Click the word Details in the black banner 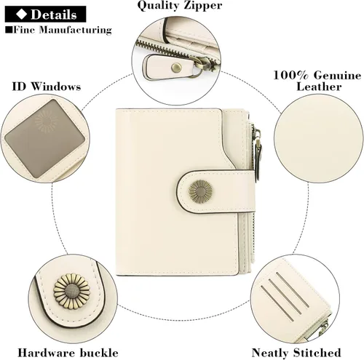click(x=54, y=15)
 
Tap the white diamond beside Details click(x=21, y=15)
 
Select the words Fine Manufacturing click(x=63, y=30)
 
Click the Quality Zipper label click(x=180, y=5)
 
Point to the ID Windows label click(x=47, y=87)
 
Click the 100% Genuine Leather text click(x=317, y=81)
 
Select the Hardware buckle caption click(x=68, y=353)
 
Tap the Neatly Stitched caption click(x=296, y=353)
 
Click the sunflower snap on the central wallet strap click(x=200, y=191)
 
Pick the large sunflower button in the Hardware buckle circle click(x=72, y=291)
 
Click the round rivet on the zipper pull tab click(x=176, y=68)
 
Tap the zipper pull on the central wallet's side click(x=258, y=155)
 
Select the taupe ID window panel click(x=45, y=138)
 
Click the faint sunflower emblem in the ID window click(x=46, y=121)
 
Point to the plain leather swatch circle click(x=319, y=139)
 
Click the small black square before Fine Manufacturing click(x=9, y=30)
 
